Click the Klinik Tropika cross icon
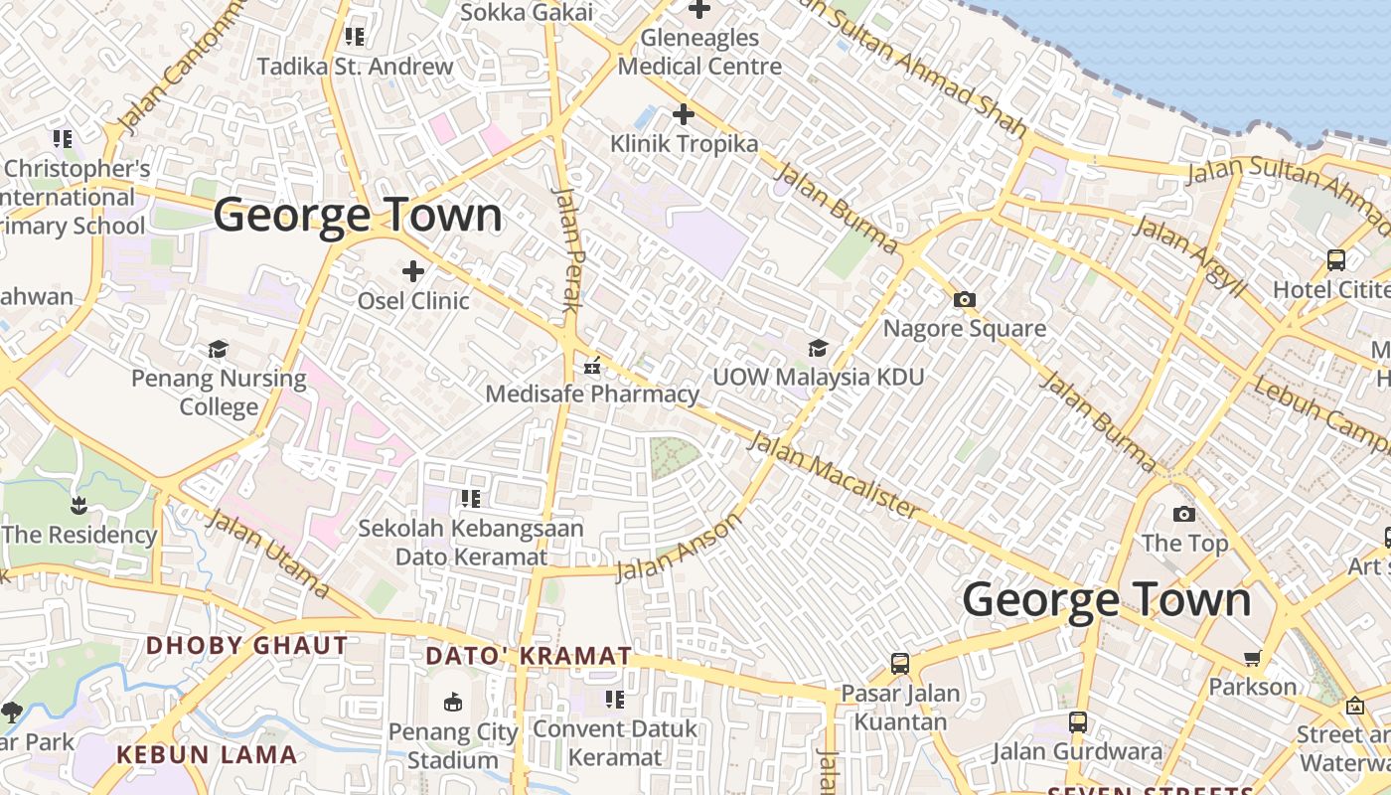click(684, 114)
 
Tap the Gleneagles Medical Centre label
click(699, 53)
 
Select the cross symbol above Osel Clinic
click(413, 270)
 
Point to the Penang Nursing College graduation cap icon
click(219, 349)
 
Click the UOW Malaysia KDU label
click(819, 378)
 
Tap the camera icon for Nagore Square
click(964, 299)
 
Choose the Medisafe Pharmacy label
click(592, 395)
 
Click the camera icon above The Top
click(1184, 514)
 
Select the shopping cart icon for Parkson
click(1253, 658)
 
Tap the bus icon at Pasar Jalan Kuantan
click(900, 663)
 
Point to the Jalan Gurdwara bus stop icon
click(1078, 721)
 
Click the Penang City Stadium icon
click(453, 703)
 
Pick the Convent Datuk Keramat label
click(615, 743)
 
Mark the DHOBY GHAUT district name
click(247, 645)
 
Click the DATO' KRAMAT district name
click(529, 656)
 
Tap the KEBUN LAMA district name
click(207, 754)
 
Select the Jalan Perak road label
click(566, 248)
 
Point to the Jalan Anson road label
click(679, 548)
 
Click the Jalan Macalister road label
click(835, 474)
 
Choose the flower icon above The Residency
click(79, 507)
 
